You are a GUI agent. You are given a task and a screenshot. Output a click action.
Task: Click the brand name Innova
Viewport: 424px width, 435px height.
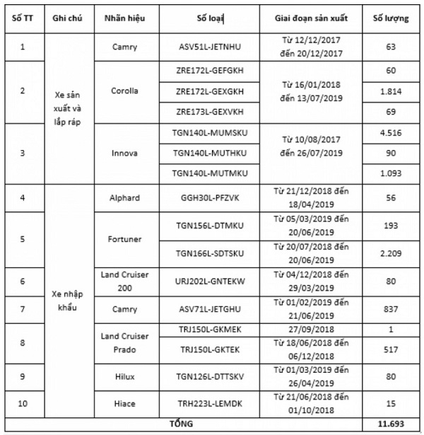tap(124, 153)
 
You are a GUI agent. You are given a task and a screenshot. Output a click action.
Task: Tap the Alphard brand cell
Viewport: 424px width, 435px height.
tap(124, 197)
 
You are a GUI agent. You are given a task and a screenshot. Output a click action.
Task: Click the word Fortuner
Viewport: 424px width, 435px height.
tap(124, 239)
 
